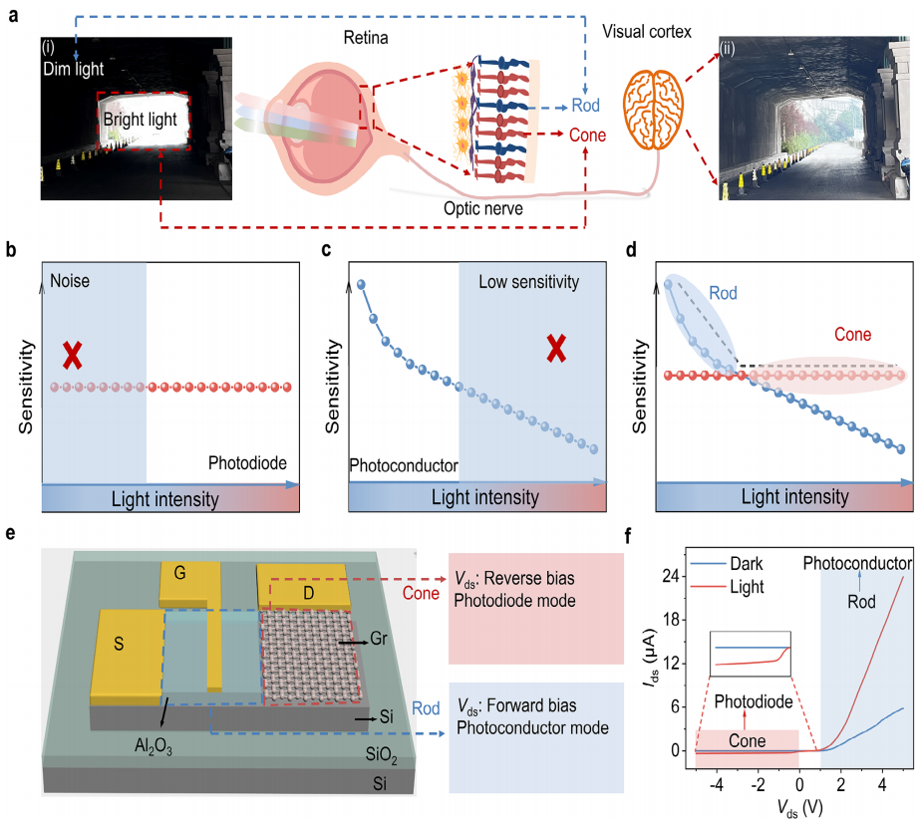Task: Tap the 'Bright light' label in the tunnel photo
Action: tap(141, 120)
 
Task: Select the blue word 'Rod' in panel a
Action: tap(585, 108)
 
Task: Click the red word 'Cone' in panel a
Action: tap(588, 135)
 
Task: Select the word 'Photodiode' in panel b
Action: tap(247, 462)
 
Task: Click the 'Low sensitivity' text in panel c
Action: tap(528, 282)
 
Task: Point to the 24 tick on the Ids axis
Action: tap(673, 575)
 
